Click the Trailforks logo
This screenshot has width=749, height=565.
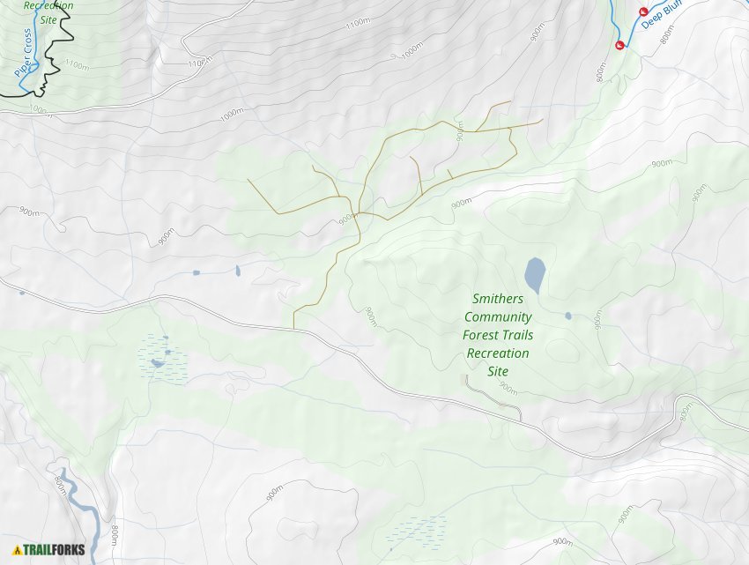[x=49, y=549]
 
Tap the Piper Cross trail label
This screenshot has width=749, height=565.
[x=26, y=54]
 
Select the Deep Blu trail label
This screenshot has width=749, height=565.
[x=662, y=16]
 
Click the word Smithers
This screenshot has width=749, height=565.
[x=497, y=299]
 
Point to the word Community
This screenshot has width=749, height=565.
[x=498, y=317]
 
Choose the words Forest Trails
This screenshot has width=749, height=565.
[x=498, y=335]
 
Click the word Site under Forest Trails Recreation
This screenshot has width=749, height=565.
[x=498, y=371]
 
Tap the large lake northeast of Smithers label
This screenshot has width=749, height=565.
[x=534, y=275]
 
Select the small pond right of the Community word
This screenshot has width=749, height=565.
[x=568, y=316]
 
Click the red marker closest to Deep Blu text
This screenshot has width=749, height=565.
[x=642, y=10]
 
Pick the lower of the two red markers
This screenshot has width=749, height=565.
[x=619, y=45]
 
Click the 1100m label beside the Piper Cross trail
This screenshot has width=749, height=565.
[x=77, y=65]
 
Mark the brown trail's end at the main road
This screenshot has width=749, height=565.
[x=293, y=328]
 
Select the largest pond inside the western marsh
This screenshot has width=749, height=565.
[x=158, y=362]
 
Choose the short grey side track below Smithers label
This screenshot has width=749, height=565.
[x=493, y=395]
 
